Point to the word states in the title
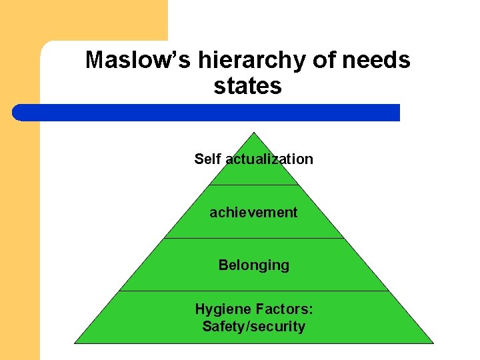click(x=247, y=87)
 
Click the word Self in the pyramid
click(x=208, y=159)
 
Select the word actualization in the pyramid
click(x=269, y=159)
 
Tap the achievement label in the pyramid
click(x=253, y=212)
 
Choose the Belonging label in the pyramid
click(x=253, y=265)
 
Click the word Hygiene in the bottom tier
click(x=221, y=309)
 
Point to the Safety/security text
click(x=253, y=327)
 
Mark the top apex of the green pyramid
click(x=253, y=133)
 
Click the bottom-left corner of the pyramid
click(x=75, y=343)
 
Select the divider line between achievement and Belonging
click(x=253, y=238)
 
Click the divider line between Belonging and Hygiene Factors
click(x=253, y=291)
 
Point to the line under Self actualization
click(x=253, y=185)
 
